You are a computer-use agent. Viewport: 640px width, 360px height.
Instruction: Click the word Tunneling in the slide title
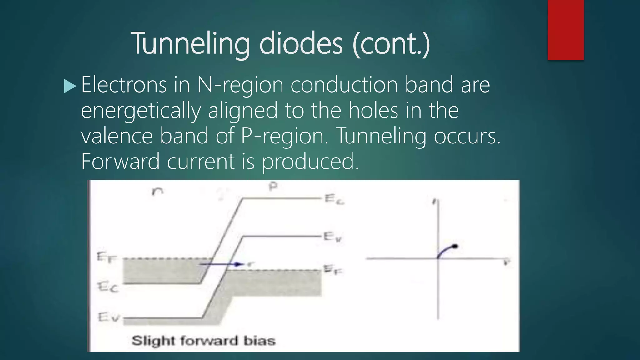pos(190,44)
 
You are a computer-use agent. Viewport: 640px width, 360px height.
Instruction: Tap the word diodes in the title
pos(301,44)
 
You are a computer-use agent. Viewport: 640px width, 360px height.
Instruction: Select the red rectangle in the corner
pos(566,30)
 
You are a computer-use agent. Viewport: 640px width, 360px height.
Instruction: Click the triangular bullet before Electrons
pos(70,86)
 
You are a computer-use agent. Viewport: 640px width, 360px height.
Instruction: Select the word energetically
pos(141,111)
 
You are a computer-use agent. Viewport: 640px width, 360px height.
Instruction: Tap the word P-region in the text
pos(282,136)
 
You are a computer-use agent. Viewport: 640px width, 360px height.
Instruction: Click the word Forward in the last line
pos(120,162)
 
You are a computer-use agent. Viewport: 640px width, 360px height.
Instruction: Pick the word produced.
pos(310,162)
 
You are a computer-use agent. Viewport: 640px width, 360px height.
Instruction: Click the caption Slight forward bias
pos(203,341)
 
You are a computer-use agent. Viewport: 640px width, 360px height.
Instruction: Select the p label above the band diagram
pos(273,187)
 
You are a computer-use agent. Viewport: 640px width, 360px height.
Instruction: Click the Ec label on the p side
pos(334,199)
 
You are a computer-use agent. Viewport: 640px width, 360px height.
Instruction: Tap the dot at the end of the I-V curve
pos(455,247)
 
